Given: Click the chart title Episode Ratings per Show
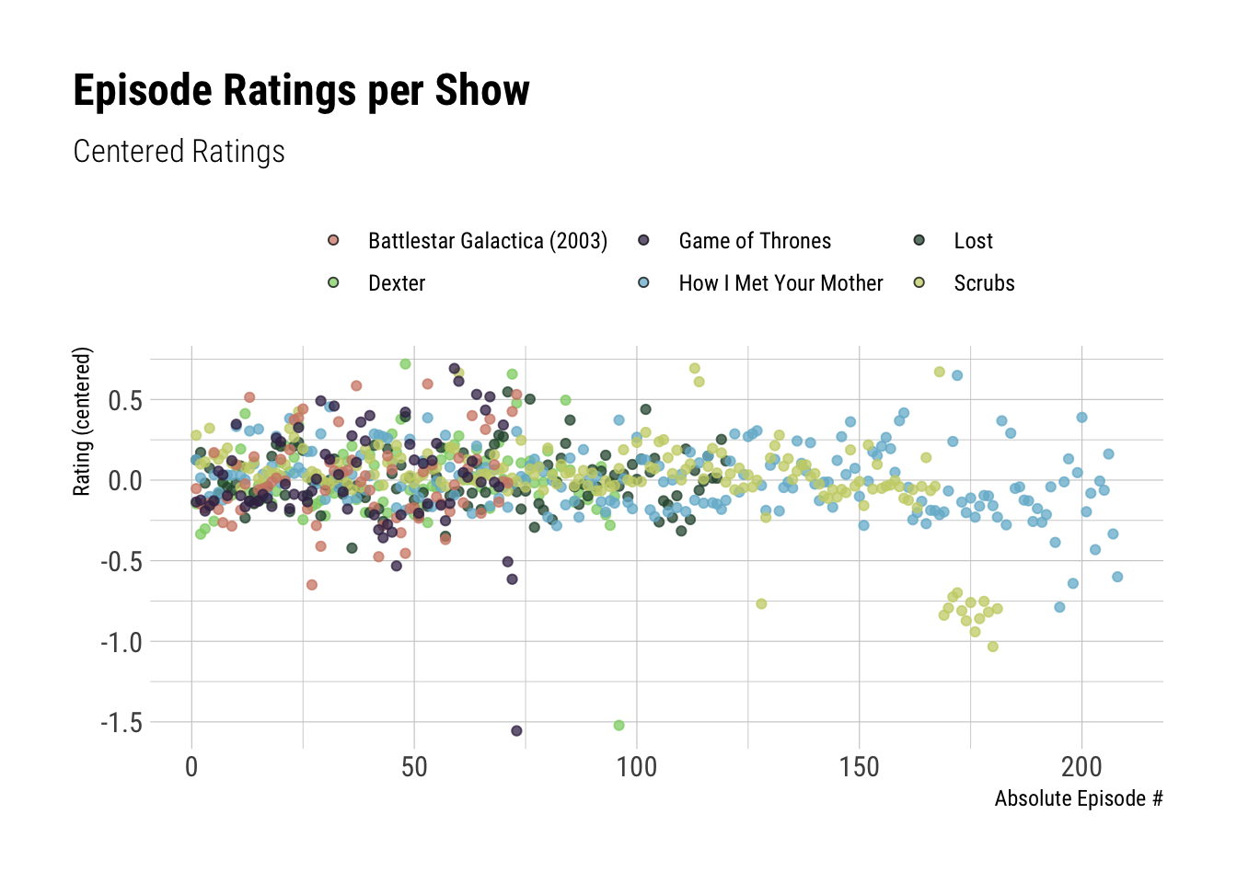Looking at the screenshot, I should tap(301, 91).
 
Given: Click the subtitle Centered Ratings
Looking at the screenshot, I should tap(179, 152).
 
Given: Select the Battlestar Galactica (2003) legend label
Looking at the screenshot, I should tap(487, 241).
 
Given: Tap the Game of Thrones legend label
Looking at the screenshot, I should tap(754, 241).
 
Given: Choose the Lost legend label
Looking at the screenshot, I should tap(973, 241).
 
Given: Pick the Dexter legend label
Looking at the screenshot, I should tap(396, 283).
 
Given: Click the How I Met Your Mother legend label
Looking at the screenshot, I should tap(780, 283).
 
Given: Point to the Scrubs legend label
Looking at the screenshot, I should tap(984, 283).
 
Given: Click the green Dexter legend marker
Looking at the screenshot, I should tap(333, 282).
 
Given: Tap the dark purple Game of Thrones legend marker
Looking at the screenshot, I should tap(643, 240).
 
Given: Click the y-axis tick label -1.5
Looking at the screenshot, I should tap(121, 723).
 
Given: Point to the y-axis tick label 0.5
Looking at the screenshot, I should tap(125, 400).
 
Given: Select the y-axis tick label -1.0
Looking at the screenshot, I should tap(121, 642).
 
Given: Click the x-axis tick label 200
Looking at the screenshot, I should tap(1081, 767).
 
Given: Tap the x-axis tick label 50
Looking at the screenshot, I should tap(414, 767).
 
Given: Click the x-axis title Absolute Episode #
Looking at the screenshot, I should tap(1078, 798).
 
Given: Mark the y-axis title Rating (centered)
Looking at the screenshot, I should tap(83, 421).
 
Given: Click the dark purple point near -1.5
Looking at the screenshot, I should tap(516, 731).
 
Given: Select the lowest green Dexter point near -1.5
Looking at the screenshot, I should tap(618, 726).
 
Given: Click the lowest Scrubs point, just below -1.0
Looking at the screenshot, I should tap(992, 647).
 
